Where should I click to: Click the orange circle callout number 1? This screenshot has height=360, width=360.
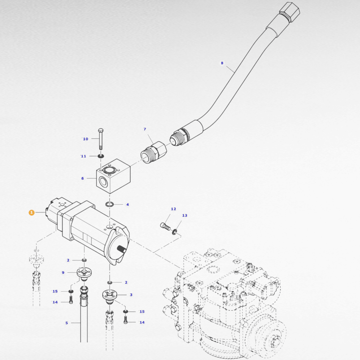(31, 213)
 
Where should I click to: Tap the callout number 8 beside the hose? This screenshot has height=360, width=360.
(222, 63)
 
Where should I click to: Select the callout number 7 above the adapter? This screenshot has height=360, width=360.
(145, 129)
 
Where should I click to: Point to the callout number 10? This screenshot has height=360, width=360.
(86, 139)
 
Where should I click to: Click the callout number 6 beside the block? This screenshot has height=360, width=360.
(83, 178)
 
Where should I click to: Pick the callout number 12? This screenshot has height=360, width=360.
(173, 209)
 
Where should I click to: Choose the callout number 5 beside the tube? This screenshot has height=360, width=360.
(67, 323)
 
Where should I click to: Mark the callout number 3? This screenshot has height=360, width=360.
(131, 294)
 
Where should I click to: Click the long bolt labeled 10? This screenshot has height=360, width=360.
(101, 138)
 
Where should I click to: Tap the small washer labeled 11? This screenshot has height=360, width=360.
(101, 156)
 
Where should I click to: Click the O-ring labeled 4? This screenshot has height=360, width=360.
(110, 204)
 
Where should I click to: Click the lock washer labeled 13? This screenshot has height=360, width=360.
(175, 232)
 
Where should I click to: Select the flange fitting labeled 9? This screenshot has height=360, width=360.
(83, 272)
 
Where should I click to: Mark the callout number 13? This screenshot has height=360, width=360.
(185, 215)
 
